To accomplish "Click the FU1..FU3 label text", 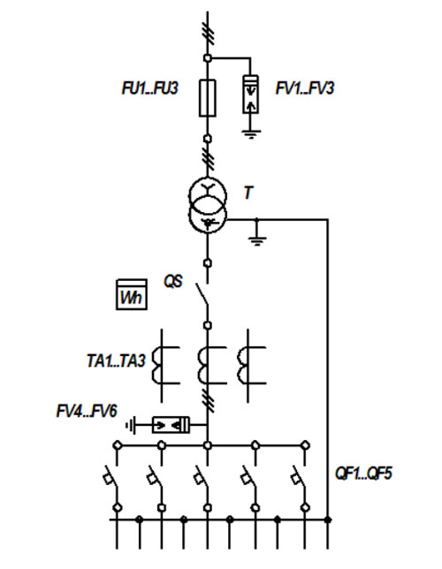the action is [x=150, y=88].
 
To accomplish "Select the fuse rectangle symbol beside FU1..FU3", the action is [x=208, y=98].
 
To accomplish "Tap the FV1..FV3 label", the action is [x=305, y=88].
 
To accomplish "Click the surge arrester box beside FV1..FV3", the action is [x=250, y=95].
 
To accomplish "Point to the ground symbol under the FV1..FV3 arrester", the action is [x=251, y=134].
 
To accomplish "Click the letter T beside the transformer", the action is [x=248, y=193].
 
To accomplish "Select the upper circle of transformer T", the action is [x=208, y=196].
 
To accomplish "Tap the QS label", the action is [x=173, y=281].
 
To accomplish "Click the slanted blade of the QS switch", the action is [x=202, y=295].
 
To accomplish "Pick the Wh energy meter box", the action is [x=132, y=294].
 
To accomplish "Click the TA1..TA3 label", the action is [x=116, y=360].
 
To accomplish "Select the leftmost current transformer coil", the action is [x=156, y=366].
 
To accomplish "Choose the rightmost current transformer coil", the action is [x=242, y=366].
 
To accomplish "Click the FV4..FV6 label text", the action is [x=87, y=412].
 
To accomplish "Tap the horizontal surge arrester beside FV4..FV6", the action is [x=171, y=425].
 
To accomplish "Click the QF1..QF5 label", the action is [x=363, y=474].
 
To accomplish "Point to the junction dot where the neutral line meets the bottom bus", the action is [x=328, y=520].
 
